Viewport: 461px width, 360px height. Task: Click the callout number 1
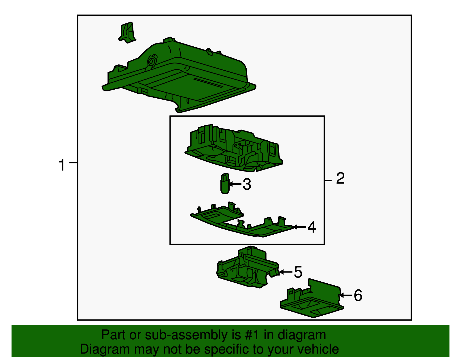click(62, 165)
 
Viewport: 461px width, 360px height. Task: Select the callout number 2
click(341, 178)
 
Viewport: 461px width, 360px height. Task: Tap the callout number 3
click(247, 184)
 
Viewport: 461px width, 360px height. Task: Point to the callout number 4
click(311, 227)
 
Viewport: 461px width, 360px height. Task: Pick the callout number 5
click(298, 272)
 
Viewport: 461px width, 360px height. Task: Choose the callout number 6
click(358, 295)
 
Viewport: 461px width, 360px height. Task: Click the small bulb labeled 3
click(225, 184)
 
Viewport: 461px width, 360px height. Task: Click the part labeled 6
click(312, 299)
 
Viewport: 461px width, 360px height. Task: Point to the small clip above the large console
click(127, 33)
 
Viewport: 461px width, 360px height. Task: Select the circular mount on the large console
click(151, 62)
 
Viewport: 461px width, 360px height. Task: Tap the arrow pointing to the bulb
click(235, 184)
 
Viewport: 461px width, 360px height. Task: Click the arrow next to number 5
click(286, 272)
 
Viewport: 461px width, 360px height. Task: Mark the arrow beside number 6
click(345, 295)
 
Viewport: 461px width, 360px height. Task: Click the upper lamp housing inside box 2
click(233, 148)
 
